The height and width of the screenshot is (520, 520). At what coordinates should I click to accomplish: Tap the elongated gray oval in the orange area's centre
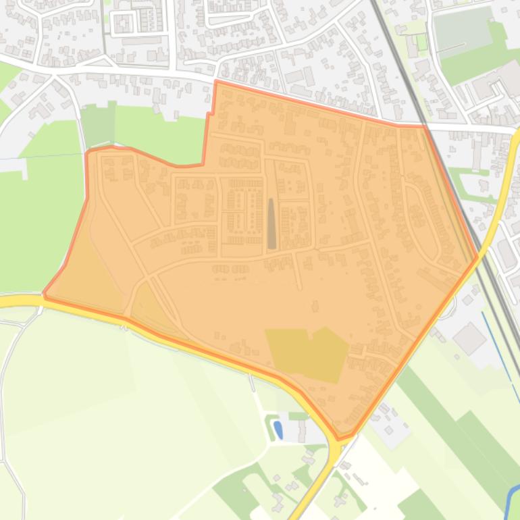pos(271,224)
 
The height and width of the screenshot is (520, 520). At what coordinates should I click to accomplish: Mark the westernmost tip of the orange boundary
pos(44,294)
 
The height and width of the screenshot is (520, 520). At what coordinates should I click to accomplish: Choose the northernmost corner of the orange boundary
pos(215,82)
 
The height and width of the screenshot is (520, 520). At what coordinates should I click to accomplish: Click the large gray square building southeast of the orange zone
pos(469,337)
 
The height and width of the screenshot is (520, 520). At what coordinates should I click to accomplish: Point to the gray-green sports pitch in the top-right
pos(463,31)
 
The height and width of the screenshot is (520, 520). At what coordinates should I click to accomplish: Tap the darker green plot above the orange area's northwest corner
pos(98,126)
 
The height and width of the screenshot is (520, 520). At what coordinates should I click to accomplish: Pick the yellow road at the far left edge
pos(14,301)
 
